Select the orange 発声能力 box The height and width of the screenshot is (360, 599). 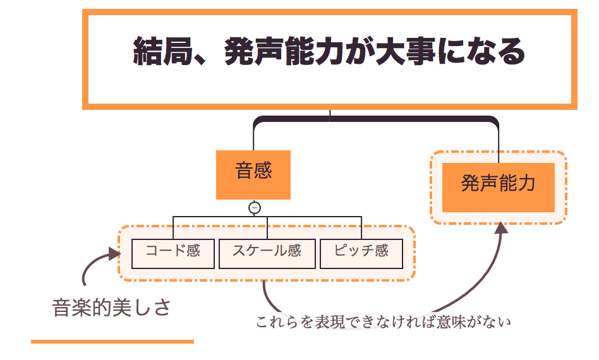[x=498, y=188]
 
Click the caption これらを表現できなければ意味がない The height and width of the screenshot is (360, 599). [x=383, y=322]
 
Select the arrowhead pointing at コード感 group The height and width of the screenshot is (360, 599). [x=115, y=254]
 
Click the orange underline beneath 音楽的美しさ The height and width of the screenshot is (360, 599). [x=112, y=342]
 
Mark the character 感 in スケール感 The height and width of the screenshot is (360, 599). [x=294, y=251]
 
